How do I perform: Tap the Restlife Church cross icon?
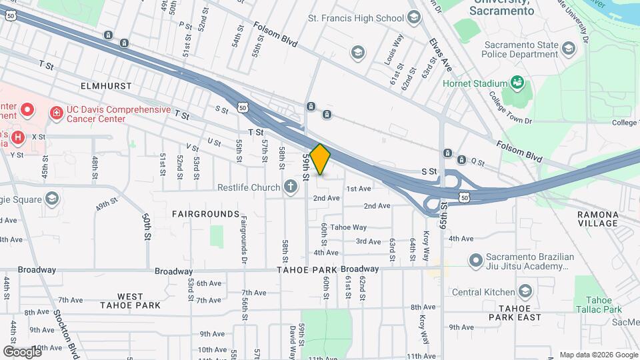(290, 187)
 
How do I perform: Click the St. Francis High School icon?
(414, 17)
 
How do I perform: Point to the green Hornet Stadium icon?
(517, 83)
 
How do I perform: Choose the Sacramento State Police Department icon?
(568, 48)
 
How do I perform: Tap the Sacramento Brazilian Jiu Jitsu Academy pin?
(475, 259)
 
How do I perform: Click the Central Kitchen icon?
(525, 291)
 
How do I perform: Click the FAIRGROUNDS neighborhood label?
(205, 214)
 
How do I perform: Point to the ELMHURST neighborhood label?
(106, 87)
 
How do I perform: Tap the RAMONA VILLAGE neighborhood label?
(599, 219)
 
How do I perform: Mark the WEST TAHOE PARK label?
(130, 301)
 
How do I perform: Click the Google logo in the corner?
(22, 351)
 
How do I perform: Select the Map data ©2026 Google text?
(599, 355)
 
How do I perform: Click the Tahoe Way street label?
(349, 227)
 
